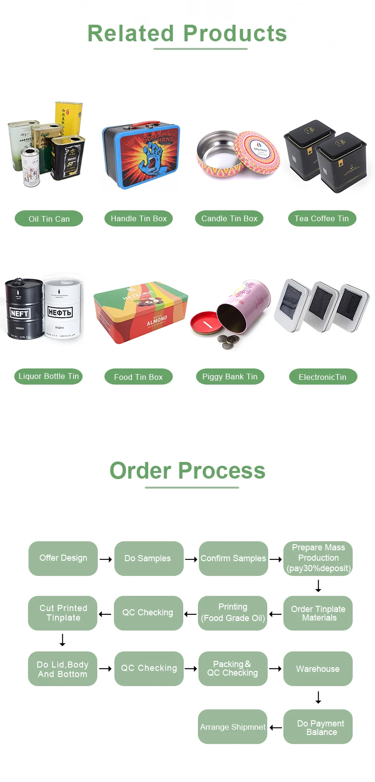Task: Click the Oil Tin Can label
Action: (49, 219)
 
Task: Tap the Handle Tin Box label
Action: (139, 218)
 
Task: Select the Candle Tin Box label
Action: (229, 218)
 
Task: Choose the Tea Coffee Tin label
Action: (322, 218)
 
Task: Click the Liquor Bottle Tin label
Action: (48, 377)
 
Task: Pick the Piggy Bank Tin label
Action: (230, 377)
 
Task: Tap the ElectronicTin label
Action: (323, 377)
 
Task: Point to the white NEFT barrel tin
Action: (62, 308)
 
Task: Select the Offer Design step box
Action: (63, 558)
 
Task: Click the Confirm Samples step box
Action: (233, 558)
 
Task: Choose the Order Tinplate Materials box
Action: (318, 613)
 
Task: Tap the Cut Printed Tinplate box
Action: (63, 613)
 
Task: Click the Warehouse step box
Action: (318, 669)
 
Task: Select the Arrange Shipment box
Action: (233, 727)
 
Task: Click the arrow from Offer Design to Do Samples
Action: (106, 559)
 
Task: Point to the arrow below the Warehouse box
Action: (319, 697)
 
